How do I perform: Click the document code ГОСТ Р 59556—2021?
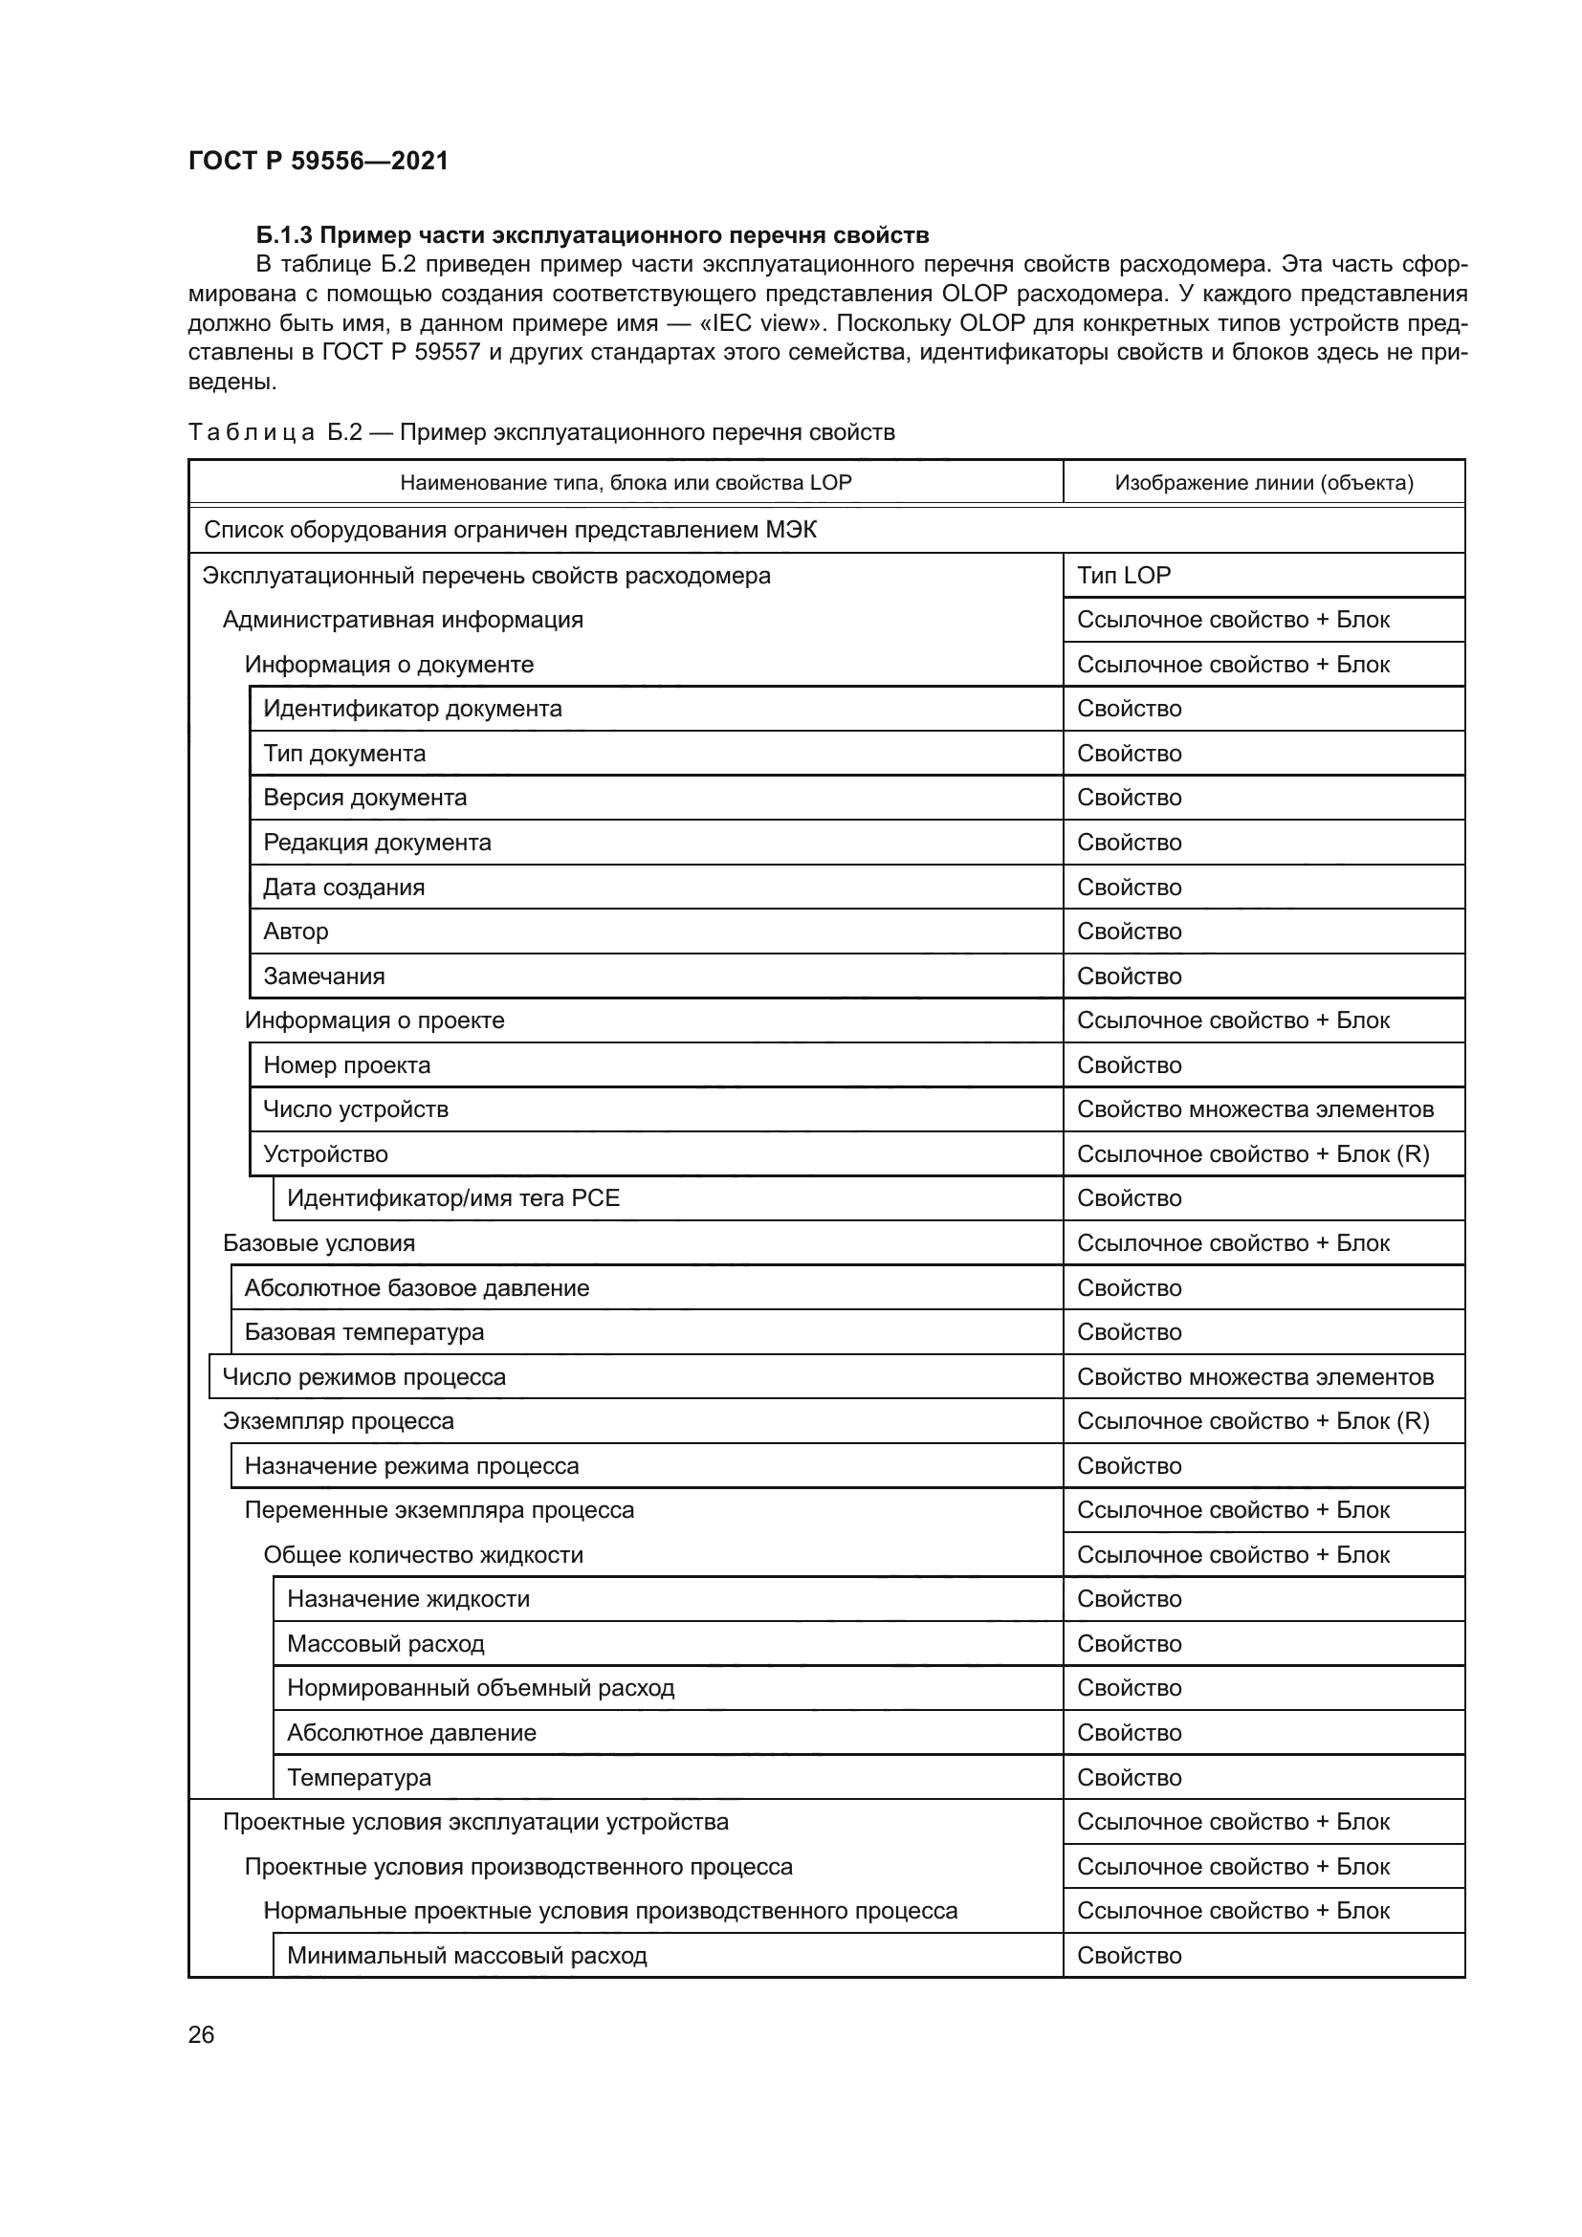[318, 161]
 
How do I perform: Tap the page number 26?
[201, 2034]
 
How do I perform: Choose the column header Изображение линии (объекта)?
[1263, 482]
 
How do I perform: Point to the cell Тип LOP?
[1123, 575]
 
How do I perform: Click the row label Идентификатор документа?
[412, 709]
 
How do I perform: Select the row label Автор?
[296, 932]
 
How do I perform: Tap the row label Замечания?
[323, 976]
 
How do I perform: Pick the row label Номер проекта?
[347, 1064]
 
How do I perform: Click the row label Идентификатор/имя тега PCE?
[453, 1198]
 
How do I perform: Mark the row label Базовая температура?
[363, 1332]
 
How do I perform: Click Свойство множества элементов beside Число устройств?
[1255, 1108]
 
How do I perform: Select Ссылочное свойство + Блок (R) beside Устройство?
[1253, 1153]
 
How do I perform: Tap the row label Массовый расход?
[385, 1644]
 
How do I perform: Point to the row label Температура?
[359, 1777]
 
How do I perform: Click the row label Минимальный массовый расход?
[467, 1956]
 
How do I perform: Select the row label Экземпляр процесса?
[338, 1420]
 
